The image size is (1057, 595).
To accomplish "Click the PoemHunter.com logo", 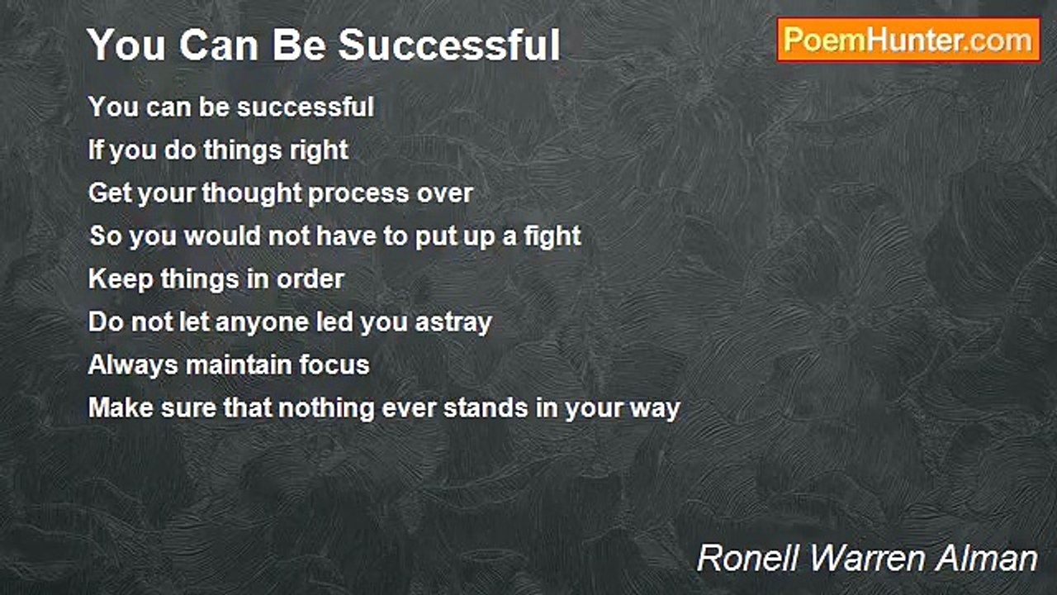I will tap(908, 40).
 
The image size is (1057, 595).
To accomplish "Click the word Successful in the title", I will tap(449, 45).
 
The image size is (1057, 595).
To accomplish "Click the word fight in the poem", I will tap(552, 236).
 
